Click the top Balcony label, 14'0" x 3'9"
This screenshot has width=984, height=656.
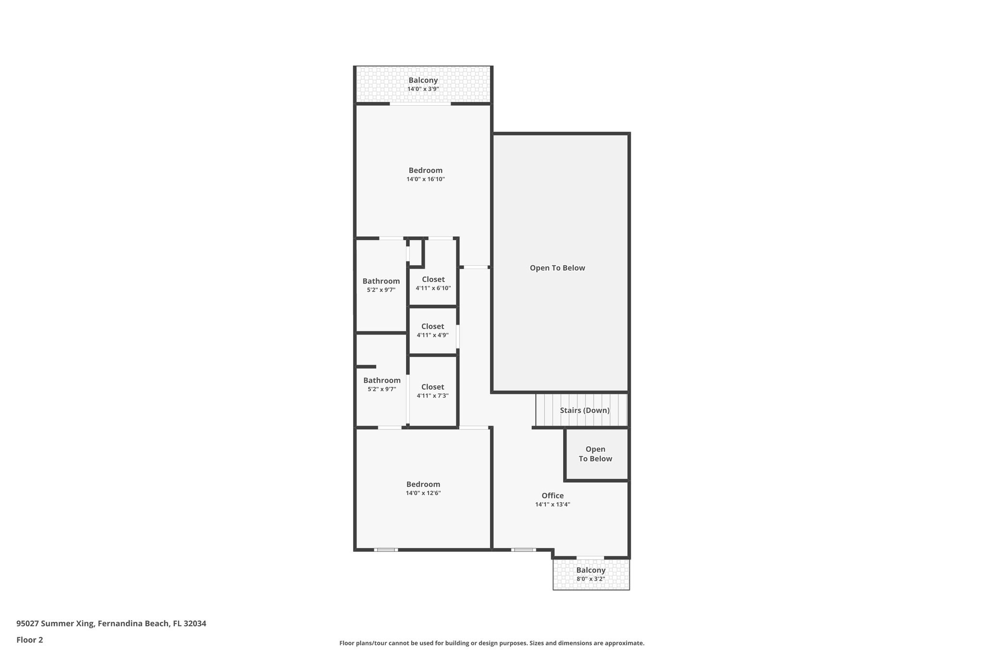pos(423,81)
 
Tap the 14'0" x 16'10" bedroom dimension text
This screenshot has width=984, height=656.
pos(425,179)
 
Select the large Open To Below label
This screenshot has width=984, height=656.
pos(557,268)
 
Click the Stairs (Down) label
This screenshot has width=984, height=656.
pos(584,410)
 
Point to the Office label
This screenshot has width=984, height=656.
pos(553,496)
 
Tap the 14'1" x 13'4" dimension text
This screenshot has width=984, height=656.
pos(553,505)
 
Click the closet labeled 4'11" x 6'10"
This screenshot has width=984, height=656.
pos(433,284)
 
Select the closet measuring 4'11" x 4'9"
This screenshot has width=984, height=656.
pos(432,331)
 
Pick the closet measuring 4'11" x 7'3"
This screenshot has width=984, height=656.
pos(432,391)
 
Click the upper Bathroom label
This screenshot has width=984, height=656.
pos(381,281)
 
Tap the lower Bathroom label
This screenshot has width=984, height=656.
pos(381,380)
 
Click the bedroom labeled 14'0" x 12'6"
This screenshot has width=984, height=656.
pos(423,488)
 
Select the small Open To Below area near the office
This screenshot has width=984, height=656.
pos(595,454)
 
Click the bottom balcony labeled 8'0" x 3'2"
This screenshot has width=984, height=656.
pos(590,574)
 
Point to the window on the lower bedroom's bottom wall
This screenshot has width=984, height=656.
pos(386,549)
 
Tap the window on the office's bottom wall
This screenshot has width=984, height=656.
pos(523,549)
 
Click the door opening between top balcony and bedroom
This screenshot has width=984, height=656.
pos(420,103)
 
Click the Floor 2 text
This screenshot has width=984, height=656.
pos(30,640)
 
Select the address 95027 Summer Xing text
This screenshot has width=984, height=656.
pos(111,623)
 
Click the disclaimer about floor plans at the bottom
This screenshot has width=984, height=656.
pos(492,643)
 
